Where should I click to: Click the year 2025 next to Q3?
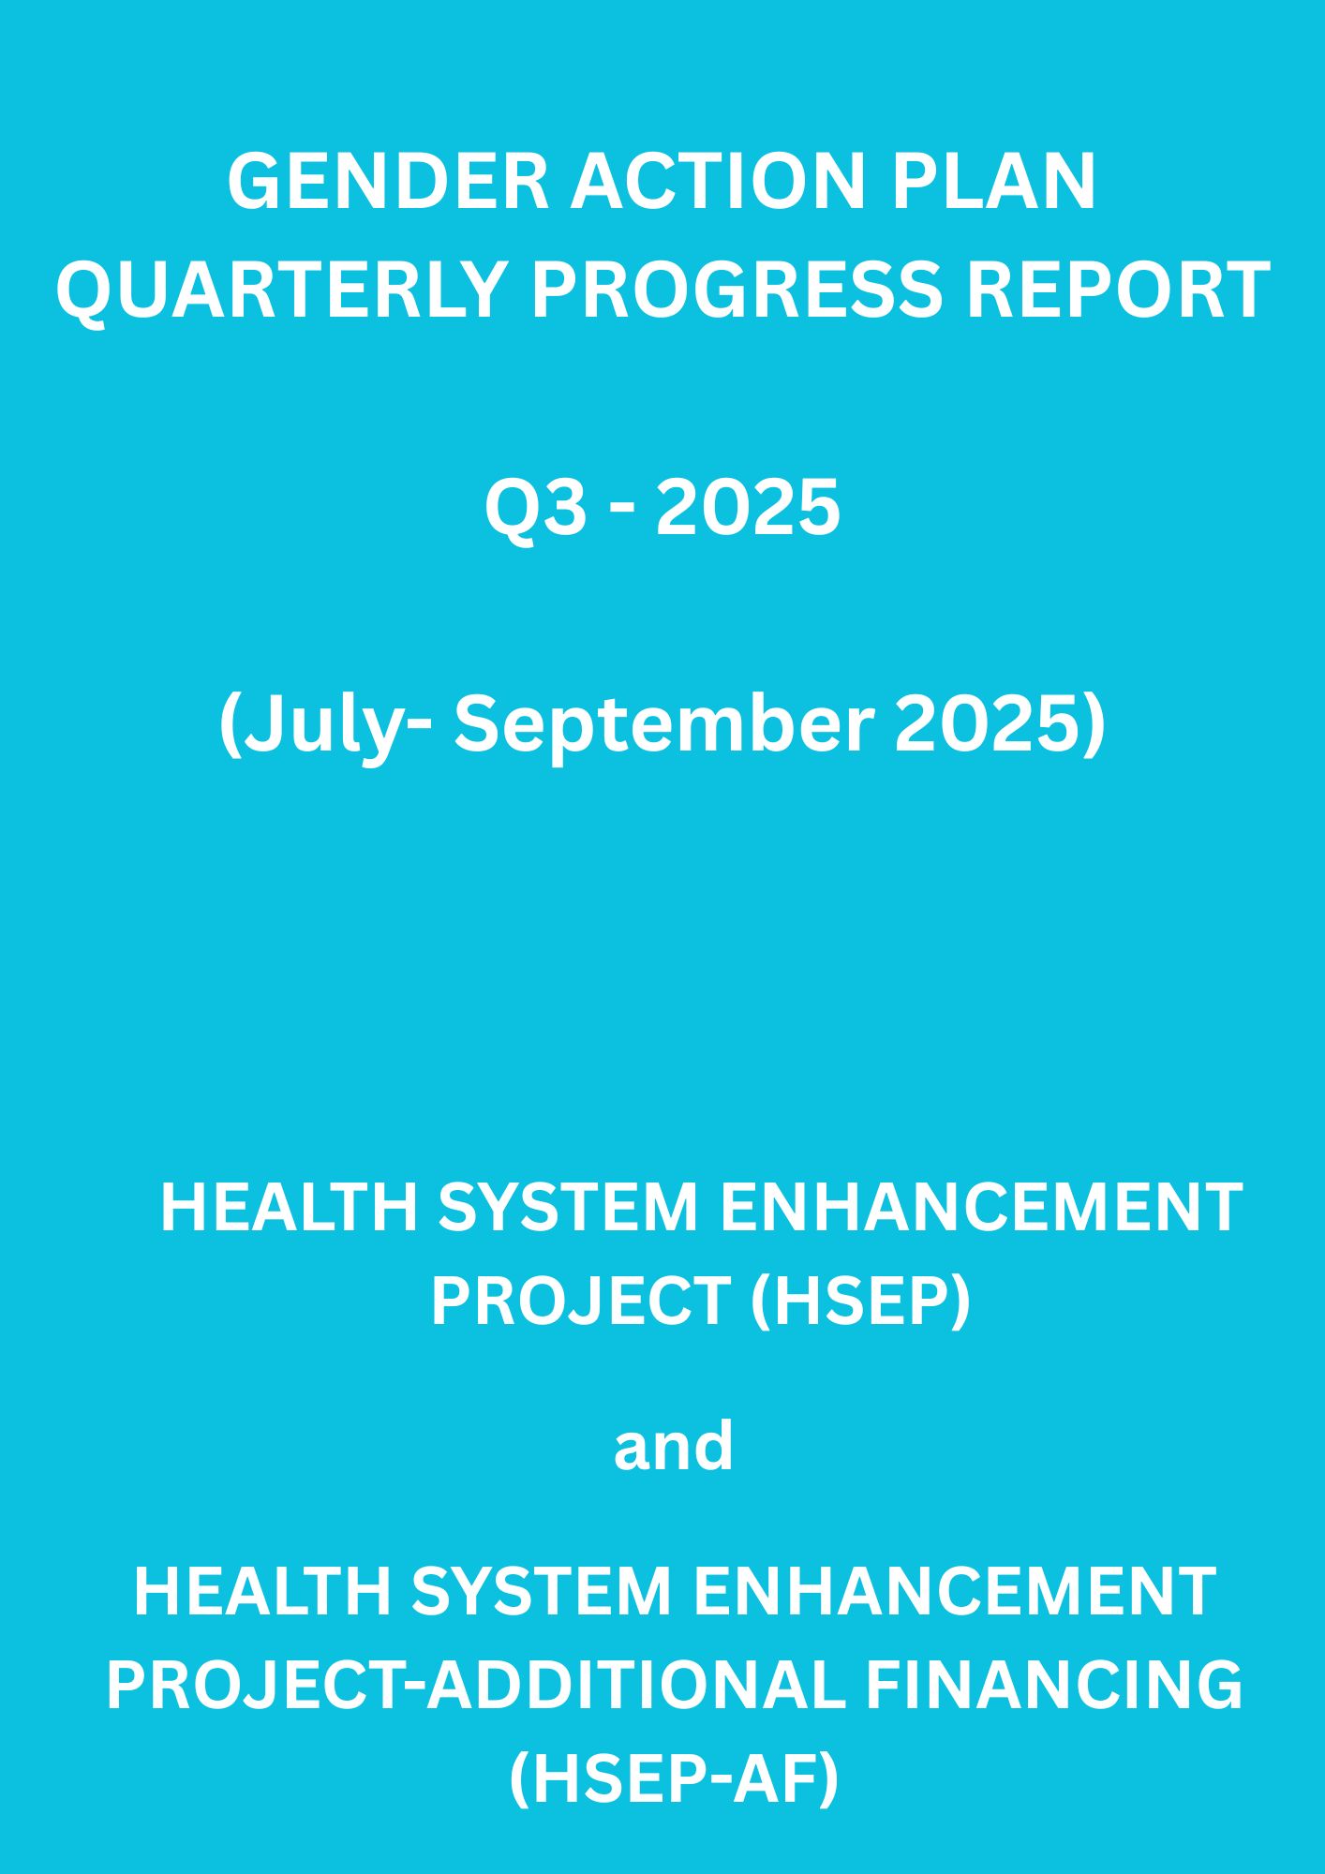click(748, 508)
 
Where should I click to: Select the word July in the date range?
click(318, 727)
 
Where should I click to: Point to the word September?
click(664, 727)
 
